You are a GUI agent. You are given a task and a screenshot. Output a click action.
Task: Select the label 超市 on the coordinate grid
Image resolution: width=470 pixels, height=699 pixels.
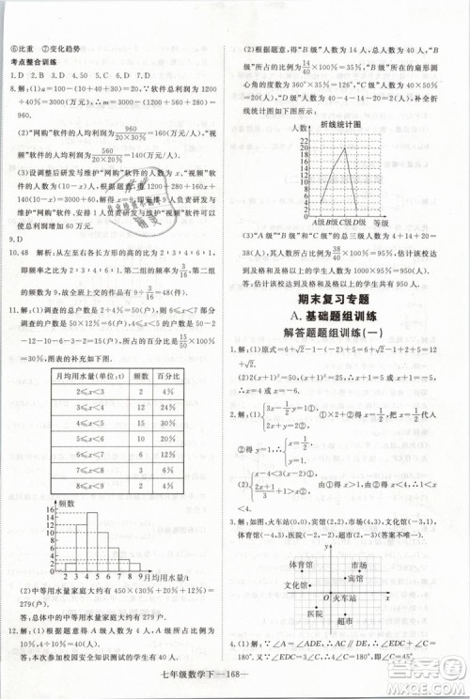click(344, 620)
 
